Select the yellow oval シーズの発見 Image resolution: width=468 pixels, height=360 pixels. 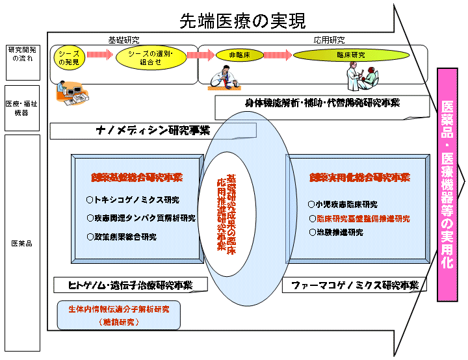click(69, 57)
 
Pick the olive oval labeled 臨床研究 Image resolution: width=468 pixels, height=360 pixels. click(351, 57)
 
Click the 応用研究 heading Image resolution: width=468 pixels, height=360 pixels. click(329, 40)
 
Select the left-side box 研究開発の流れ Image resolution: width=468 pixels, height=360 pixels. click(21, 54)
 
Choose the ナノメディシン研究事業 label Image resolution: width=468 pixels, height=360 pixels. click(153, 131)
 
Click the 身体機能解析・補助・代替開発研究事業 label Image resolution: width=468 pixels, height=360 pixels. click(322, 103)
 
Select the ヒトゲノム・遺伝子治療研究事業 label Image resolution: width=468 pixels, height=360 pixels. click(131, 285)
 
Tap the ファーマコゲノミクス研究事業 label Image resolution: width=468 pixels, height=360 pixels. click(354, 285)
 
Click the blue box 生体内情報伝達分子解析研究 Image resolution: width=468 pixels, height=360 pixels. click(118, 315)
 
